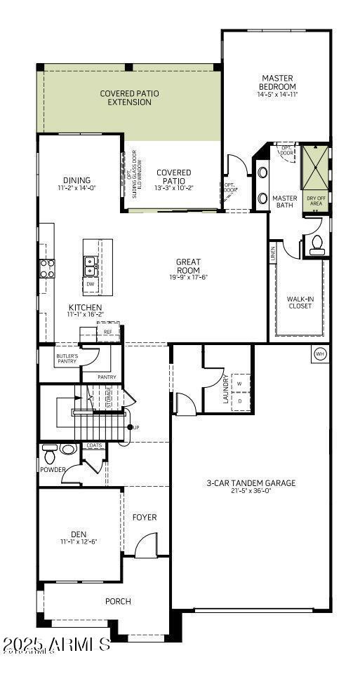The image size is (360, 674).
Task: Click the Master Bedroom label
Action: tap(277, 82)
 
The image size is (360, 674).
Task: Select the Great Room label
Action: tap(188, 266)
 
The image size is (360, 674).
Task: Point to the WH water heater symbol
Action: tap(320, 354)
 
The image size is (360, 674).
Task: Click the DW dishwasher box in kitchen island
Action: tap(90, 284)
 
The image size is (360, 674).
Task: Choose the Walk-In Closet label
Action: tap(300, 302)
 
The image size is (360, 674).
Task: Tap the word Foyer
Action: tap(145, 518)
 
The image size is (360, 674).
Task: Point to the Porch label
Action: tap(118, 601)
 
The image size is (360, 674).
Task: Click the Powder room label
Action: tap(53, 469)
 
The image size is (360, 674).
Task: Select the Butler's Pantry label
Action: tap(67, 359)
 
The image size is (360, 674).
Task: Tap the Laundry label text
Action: tap(225, 387)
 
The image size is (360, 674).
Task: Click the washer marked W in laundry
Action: tap(240, 384)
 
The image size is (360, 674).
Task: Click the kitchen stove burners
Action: tap(47, 267)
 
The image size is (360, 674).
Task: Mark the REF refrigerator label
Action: tap(107, 331)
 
